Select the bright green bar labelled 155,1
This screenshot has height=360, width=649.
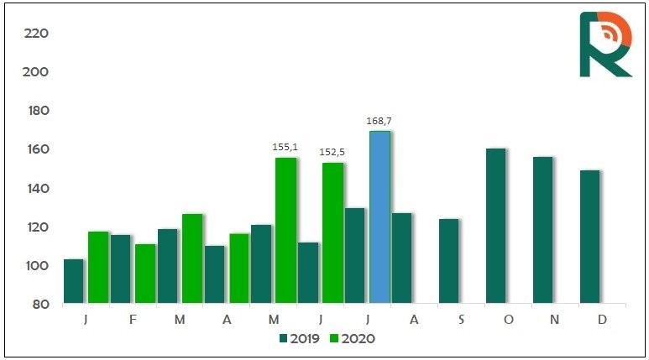tap(285, 230)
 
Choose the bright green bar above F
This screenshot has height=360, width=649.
tap(145, 273)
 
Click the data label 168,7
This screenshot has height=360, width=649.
tap(379, 121)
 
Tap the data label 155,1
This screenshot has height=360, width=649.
tap(285, 147)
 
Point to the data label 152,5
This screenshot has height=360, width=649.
tap(332, 152)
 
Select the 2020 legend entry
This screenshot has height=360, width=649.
tap(350, 338)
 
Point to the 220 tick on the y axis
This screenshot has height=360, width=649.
tap(37, 34)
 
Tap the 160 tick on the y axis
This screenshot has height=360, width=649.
tap(37, 149)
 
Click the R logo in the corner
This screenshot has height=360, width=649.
tap(605, 44)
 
